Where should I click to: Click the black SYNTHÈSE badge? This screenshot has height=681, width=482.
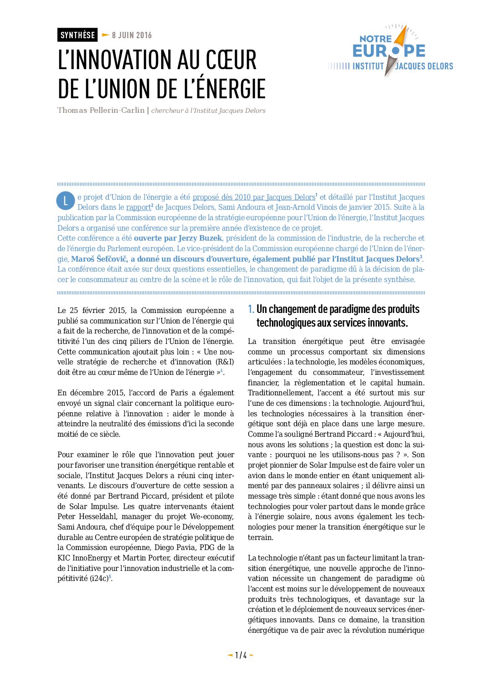click(77, 35)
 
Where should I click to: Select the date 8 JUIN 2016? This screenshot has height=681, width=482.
click(132, 35)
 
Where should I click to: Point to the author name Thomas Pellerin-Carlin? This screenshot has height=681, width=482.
click(101, 111)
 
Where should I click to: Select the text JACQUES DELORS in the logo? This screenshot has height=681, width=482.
click(424, 66)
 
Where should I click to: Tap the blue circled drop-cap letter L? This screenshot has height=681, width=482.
click(66, 201)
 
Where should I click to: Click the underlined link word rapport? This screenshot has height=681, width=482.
click(138, 207)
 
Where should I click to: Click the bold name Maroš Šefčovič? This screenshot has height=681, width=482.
click(99, 259)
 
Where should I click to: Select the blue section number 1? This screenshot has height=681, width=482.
click(251, 309)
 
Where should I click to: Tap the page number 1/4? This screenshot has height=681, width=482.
click(241, 656)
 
